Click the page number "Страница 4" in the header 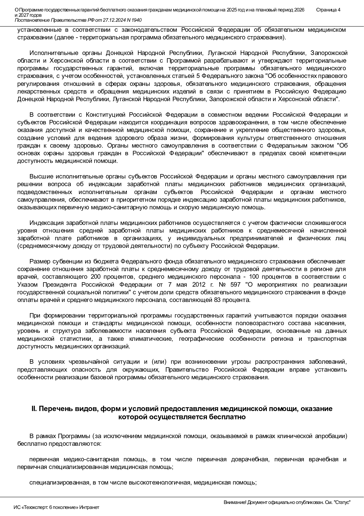click(328, 10)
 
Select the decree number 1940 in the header click(136, 20)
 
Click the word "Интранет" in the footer click(89, 507)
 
